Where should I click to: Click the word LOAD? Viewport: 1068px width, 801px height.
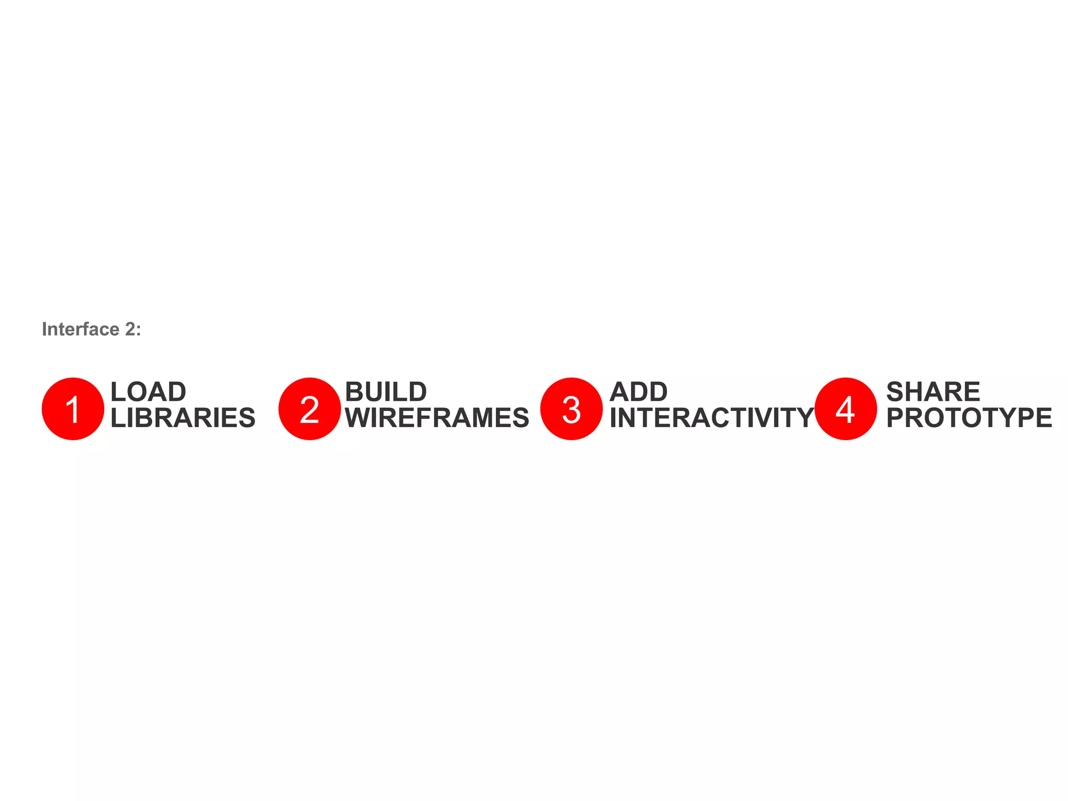[148, 392]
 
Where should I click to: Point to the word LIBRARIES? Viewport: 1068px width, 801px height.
[183, 418]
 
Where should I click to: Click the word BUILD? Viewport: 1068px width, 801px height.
[386, 392]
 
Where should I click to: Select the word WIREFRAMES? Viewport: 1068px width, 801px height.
[437, 418]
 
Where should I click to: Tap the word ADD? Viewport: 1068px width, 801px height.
[638, 392]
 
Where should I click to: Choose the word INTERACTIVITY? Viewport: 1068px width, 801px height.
[711, 418]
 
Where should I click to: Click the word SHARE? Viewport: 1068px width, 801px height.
[933, 392]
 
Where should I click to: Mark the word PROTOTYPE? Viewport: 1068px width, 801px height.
[969, 418]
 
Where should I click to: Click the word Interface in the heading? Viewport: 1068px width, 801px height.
[81, 330]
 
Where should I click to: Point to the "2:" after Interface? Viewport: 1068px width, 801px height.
[133, 330]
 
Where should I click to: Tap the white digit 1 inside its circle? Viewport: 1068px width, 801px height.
[73, 410]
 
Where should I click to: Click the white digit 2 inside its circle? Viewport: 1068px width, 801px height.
[309, 410]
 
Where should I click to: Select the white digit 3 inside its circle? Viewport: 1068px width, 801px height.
[572, 410]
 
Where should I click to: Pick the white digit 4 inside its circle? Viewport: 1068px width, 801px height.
[845, 410]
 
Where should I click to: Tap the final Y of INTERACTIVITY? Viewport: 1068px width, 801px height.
[804, 418]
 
